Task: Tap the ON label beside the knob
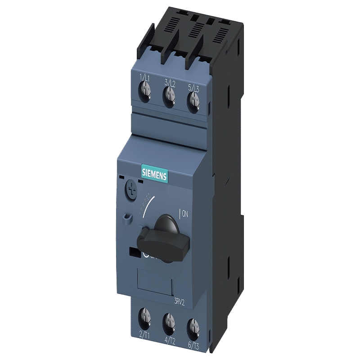[184, 214]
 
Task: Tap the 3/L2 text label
[169, 82]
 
